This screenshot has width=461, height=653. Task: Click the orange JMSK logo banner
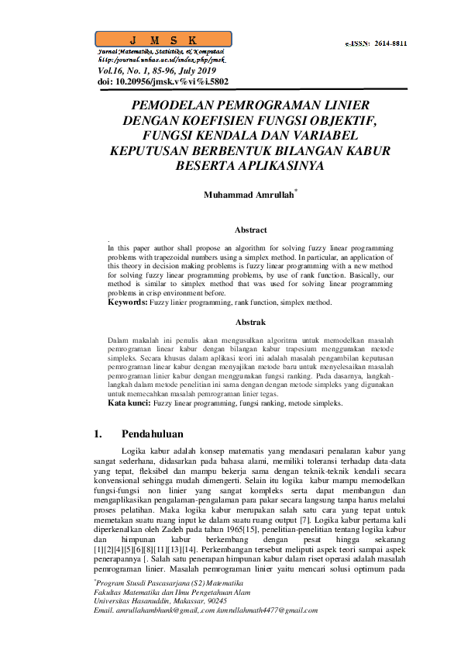[x=163, y=40]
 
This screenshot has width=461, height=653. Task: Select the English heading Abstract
[x=250, y=230]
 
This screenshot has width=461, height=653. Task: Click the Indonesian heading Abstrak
[x=250, y=321]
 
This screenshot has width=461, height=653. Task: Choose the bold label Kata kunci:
[x=129, y=403]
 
